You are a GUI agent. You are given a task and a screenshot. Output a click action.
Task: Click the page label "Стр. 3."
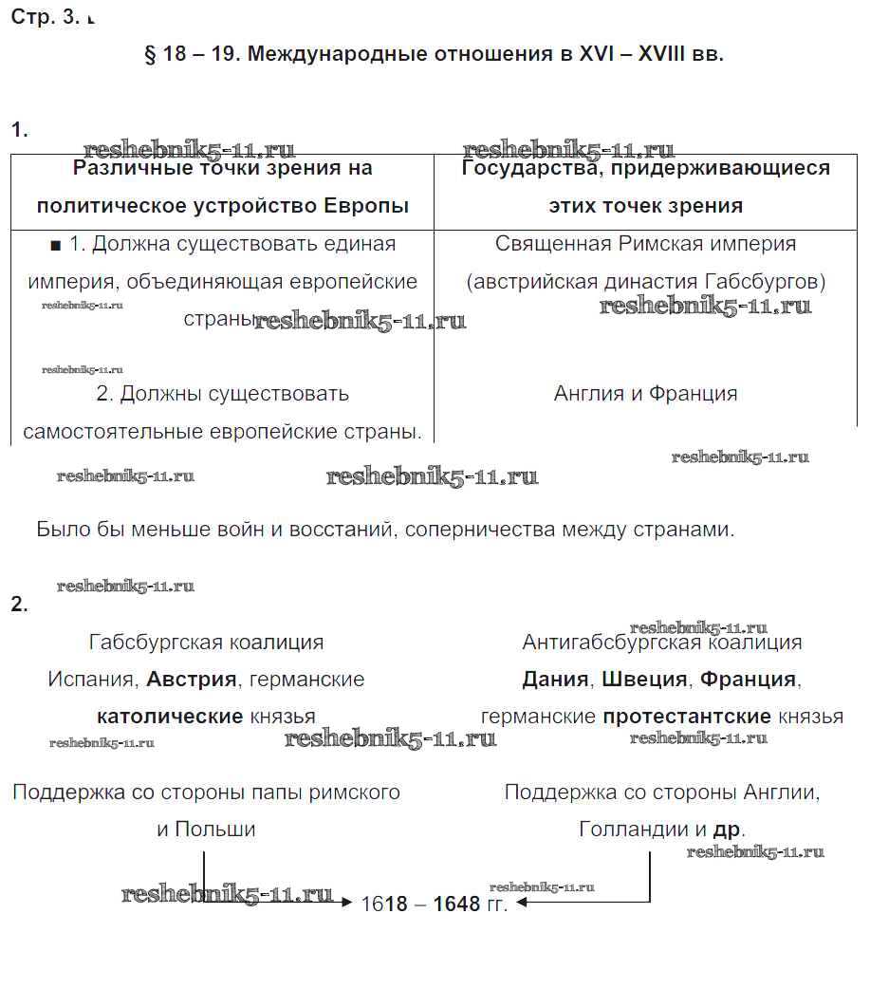coord(46,18)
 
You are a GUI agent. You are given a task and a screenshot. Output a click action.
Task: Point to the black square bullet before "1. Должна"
coord(55,245)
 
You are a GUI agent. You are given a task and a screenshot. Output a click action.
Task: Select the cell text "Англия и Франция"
coord(645,394)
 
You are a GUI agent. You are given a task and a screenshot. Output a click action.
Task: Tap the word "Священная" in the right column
coord(553,244)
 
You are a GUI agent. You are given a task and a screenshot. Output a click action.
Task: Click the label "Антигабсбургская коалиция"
coord(661,643)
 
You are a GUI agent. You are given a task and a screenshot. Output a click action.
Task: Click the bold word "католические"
coord(170,717)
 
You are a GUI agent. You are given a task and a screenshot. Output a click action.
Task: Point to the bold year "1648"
coord(456,904)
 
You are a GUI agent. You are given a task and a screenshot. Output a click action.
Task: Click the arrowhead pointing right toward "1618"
coord(347,903)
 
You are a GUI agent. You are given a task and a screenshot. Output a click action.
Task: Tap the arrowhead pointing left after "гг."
coord(523,903)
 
